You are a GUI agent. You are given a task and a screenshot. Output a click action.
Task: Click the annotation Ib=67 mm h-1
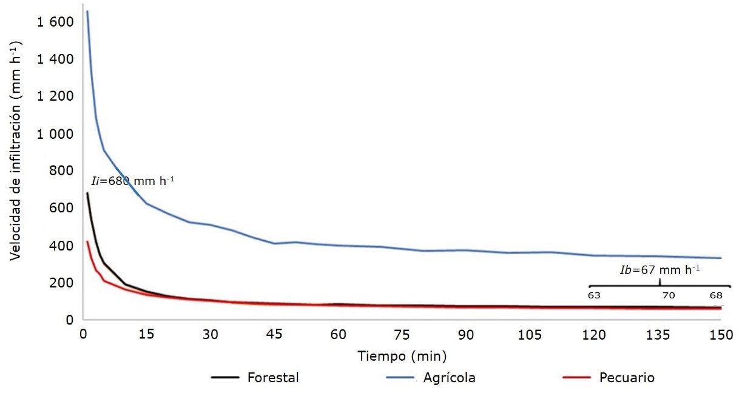[x=658, y=270]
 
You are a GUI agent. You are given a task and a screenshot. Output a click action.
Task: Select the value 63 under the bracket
[x=594, y=296]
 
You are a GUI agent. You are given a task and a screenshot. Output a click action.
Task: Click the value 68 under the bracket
[x=717, y=296]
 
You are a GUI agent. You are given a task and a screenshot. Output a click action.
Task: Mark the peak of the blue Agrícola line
[x=87, y=12]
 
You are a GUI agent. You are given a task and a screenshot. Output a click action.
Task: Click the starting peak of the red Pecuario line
[x=87, y=241]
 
